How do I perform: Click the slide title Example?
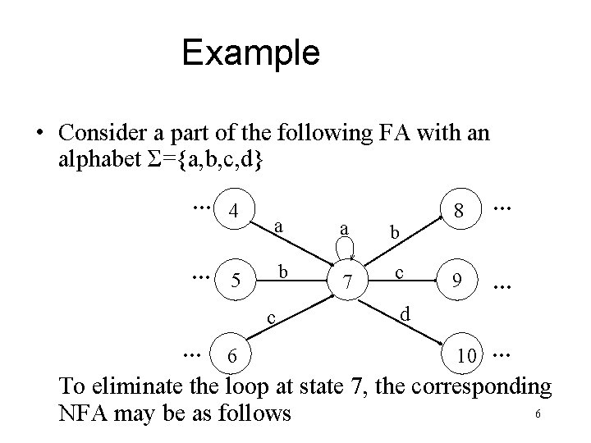pos(250,53)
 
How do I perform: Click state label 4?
pos(234,211)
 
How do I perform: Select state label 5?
pos(236,283)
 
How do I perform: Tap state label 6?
pos(234,354)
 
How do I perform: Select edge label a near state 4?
pos(280,224)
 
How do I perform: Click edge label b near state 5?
pos(281,271)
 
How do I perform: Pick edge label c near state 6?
pos(271,317)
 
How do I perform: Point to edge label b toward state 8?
pos(395,233)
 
